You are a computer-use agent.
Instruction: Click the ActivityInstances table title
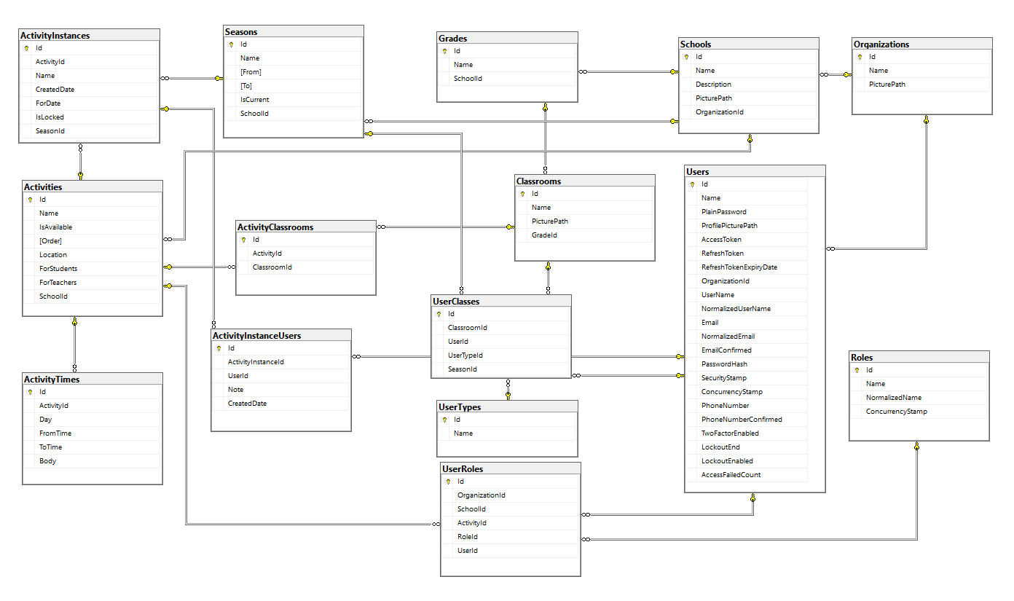click(x=55, y=35)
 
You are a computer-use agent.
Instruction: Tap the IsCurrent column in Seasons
click(x=255, y=100)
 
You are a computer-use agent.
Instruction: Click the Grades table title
click(x=453, y=38)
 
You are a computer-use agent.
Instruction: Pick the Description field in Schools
click(x=713, y=85)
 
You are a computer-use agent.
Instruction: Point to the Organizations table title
click(x=881, y=44)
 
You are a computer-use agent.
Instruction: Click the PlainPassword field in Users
click(x=723, y=212)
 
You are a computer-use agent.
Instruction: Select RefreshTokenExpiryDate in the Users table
click(x=739, y=267)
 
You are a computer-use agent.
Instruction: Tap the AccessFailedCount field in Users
click(x=731, y=475)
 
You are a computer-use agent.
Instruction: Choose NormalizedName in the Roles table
click(x=893, y=398)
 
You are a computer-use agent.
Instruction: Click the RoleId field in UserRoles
click(x=468, y=537)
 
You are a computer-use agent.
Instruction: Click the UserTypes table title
click(x=460, y=407)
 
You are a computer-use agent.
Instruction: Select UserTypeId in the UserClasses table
click(x=465, y=356)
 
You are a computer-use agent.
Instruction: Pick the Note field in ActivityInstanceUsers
click(x=235, y=390)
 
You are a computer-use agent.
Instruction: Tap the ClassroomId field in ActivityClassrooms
click(x=272, y=267)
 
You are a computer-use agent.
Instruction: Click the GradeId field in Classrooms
click(x=544, y=235)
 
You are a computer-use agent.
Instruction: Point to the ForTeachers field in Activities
click(x=58, y=283)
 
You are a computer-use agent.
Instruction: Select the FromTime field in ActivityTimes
click(x=55, y=433)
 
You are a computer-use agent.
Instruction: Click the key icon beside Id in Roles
click(x=858, y=370)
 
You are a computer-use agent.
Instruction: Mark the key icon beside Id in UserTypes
click(x=446, y=420)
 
